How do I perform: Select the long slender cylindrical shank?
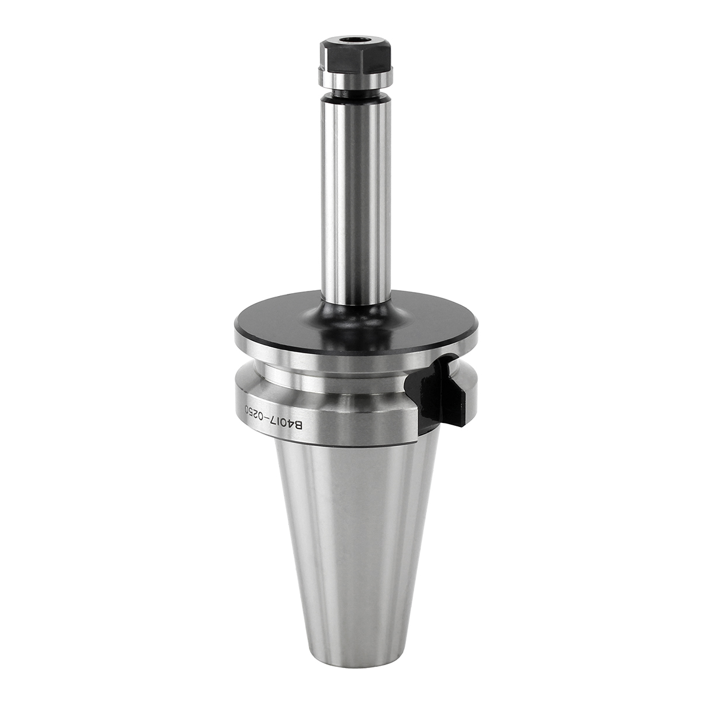click(356, 197)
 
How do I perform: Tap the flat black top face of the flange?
click(356, 321)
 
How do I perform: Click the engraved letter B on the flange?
click(298, 425)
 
